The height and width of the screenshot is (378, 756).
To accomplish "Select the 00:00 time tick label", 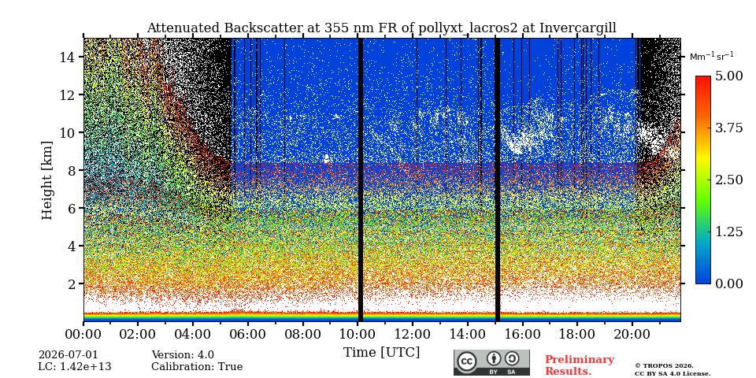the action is [x=84, y=334].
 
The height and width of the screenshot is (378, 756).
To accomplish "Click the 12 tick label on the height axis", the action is [x=67, y=94].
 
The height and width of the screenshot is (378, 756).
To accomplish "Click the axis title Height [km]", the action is [x=46, y=180].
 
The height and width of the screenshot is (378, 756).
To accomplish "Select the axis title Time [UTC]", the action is [x=381, y=353].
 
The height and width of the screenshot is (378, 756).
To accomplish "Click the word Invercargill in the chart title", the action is [x=578, y=28].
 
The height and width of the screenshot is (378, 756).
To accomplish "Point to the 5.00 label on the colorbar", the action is [x=728, y=76].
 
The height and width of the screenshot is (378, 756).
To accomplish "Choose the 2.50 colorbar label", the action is [x=728, y=180].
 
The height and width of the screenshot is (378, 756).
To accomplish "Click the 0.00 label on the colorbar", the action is [x=728, y=283].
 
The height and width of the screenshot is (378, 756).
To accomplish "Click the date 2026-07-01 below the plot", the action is [x=69, y=355].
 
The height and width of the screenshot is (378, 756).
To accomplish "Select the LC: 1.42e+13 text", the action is [x=75, y=366].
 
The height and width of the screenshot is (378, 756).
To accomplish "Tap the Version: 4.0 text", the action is [x=183, y=355].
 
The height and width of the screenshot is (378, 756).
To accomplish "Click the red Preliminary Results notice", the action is [x=580, y=365].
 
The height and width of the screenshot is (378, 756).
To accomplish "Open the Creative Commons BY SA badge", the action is [x=491, y=362].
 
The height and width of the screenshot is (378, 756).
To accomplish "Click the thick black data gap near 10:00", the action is [x=360, y=180].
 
